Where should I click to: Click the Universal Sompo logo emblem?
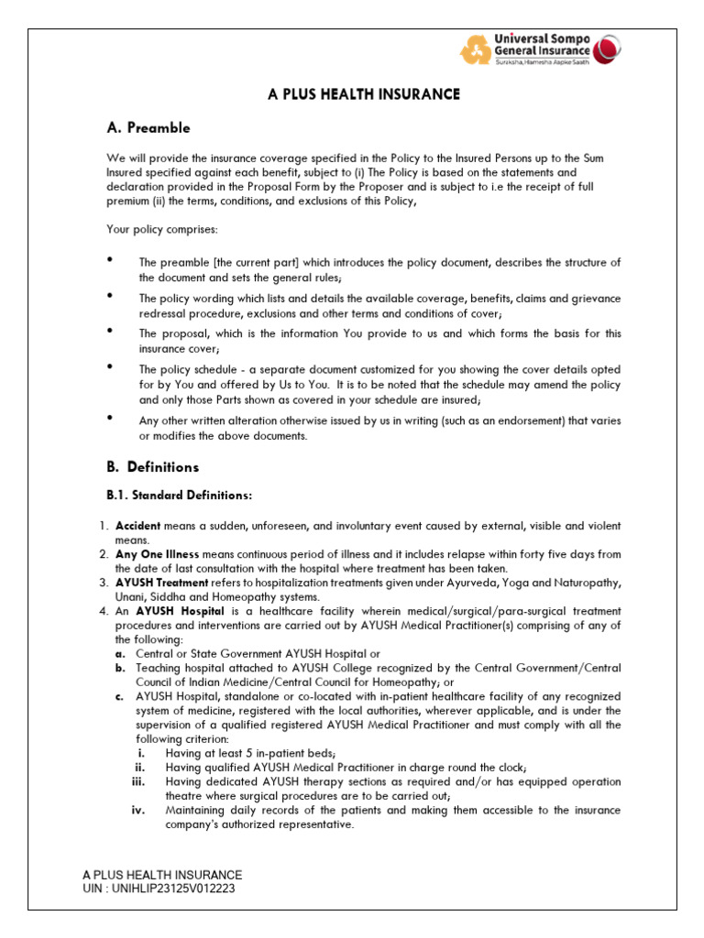tap(475, 49)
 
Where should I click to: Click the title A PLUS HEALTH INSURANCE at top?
tap(363, 94)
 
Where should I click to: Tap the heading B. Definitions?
tap(152, 467)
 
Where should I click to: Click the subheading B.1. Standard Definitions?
tap(180, 496)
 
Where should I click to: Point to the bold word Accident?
tap(137, 527)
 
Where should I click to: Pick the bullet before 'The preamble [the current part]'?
tap(110, 261)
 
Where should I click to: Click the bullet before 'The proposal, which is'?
tap(110, 331)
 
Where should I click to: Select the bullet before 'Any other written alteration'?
tap(110, 419)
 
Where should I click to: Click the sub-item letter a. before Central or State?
tap(120, 654)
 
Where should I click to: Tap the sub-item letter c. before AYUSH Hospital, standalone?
tap(120, 697)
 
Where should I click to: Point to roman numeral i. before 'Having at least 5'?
tap(139, 753)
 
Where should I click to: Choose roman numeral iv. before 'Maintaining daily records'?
tap(138, 811)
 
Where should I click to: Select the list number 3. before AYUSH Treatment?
tap(104, 583)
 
